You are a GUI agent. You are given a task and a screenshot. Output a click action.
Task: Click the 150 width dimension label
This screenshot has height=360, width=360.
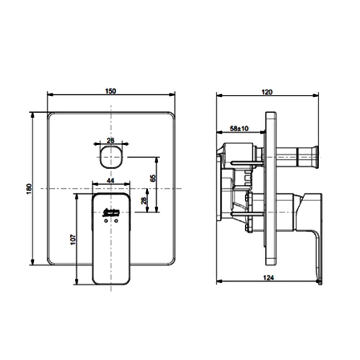click(x=111, y=91)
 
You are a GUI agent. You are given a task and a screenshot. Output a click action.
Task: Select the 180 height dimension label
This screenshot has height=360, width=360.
click(x=29, y=189)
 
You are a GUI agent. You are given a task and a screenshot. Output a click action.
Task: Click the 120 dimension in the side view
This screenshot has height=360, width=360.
click(x=267, y=92)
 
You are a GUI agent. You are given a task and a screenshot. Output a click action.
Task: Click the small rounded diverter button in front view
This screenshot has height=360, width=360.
click(x=111, y=157)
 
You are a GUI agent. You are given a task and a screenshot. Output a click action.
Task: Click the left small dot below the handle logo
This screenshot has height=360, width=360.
click(x=105, y=221)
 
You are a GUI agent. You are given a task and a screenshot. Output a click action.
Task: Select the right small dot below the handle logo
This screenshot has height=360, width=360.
click(x=116, y=221)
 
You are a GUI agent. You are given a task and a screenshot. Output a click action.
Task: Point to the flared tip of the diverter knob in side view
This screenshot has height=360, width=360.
click(x=316, y=157)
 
